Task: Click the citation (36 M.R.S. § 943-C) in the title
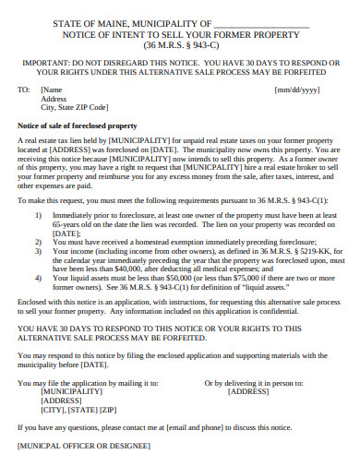pyautogui.click(x=180, y=44)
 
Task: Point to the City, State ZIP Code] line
pyautogui.click(x=81, y=107)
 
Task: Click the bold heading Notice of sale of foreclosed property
pyautogui.click(x=78, y=125)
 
